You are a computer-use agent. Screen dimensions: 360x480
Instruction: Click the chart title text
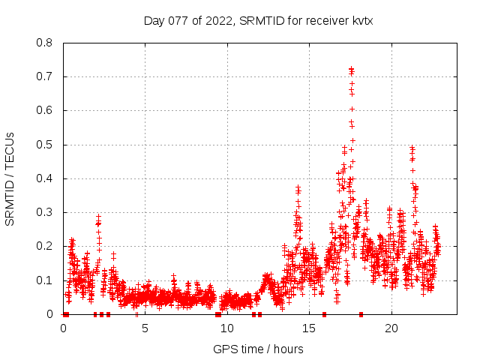click(258, 21)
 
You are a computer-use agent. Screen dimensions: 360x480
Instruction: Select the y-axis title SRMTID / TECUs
click(10, 178)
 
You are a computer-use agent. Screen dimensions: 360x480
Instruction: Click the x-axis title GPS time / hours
click(258, 349)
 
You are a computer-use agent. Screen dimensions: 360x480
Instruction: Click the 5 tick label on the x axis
click(145, 328)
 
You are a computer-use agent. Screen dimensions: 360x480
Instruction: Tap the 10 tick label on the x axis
click(227, 328)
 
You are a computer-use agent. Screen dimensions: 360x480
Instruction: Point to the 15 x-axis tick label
click(309, 328)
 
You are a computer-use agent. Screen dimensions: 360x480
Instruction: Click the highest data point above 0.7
click(351, 69)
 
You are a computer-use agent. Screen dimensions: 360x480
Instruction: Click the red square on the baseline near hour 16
click(324, 314)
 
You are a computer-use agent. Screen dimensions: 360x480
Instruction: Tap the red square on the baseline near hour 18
click(361, 314)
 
